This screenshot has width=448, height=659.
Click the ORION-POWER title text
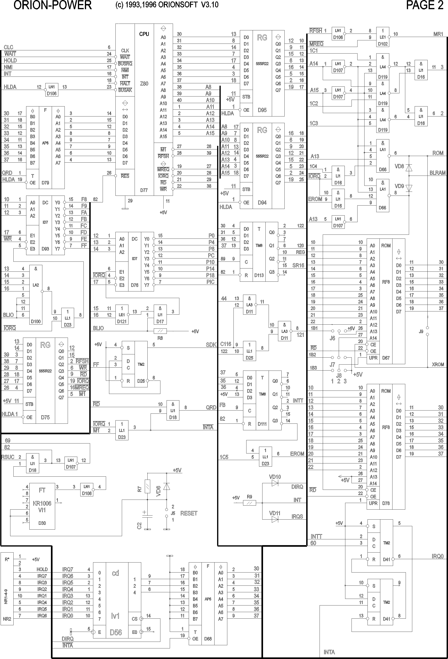click(53, 5)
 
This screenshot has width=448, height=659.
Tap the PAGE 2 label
click(424, 5)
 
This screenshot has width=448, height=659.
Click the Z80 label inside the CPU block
click(144, 84)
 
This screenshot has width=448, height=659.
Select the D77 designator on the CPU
click(144, 190)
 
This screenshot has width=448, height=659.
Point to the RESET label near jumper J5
click(189, 513)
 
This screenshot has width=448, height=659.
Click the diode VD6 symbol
click(167, 487)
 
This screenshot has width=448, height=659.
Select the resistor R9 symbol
click(249, 503)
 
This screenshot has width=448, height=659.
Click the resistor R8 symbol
click(160, 331)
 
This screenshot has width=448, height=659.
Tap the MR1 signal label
click(438, 34)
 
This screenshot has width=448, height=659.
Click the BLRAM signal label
click(437, 173)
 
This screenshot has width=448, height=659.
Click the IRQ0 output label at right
click(437, 556)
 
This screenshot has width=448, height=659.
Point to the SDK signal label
click(211, 345)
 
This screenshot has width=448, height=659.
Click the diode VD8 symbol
click(409, 168)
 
